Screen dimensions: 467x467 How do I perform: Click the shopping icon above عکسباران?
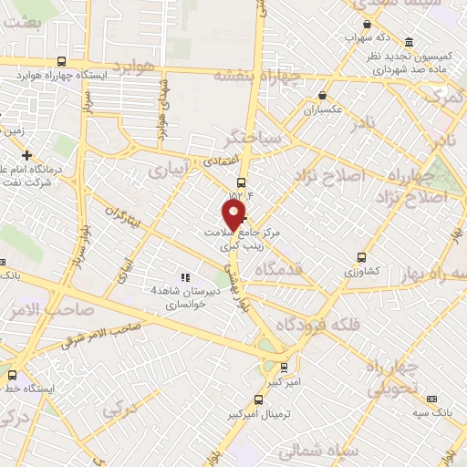(x=322, y=95)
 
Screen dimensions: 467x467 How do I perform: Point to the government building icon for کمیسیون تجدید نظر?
(x=408, y=43)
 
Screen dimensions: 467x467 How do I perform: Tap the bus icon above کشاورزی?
(x=362, y=256)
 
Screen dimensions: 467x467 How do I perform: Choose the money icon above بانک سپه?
(x=431, y=397)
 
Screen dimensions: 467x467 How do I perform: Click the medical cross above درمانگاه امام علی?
(x=27, y=155)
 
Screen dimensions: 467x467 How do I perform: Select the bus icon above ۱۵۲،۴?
(x=241, y=182)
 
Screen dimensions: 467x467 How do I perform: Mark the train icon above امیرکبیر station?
(x=285, y=368)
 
